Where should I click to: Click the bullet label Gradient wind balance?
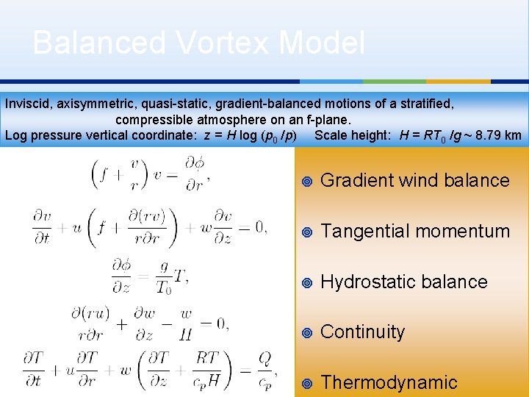tap(415, 180)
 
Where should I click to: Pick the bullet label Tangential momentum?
tap(415, 231)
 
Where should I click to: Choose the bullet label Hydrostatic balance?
tap(404, 282)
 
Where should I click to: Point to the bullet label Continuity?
tap(363, 332)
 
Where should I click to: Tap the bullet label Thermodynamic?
tap(389, 382)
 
